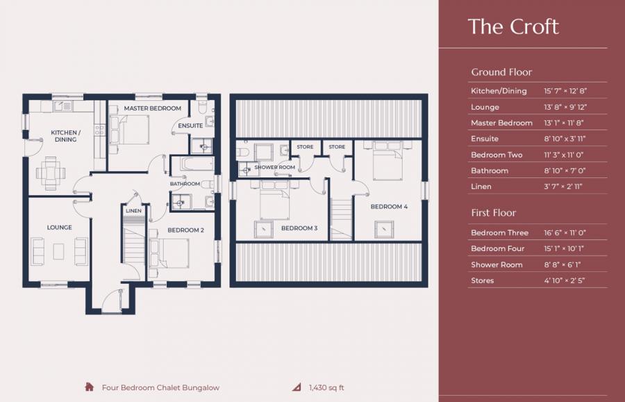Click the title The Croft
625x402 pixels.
pos(513,26)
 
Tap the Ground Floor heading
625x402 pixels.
pos(501,72)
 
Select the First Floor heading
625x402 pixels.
pos(493,213)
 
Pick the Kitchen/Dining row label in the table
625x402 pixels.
pos(499,91)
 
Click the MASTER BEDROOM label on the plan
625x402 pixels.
pos(152,108)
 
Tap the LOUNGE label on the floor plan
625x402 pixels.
pos(59,227)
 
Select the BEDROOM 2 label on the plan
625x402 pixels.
pos(185,230)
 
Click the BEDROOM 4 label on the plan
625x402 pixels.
pos(389,207)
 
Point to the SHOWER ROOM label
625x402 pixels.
pos(275,168)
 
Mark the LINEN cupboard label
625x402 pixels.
pos(133,211)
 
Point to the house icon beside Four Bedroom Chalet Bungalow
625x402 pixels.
pos(89,387)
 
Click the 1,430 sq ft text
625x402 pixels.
pos(326,387)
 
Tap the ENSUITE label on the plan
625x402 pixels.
pos(190,126)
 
